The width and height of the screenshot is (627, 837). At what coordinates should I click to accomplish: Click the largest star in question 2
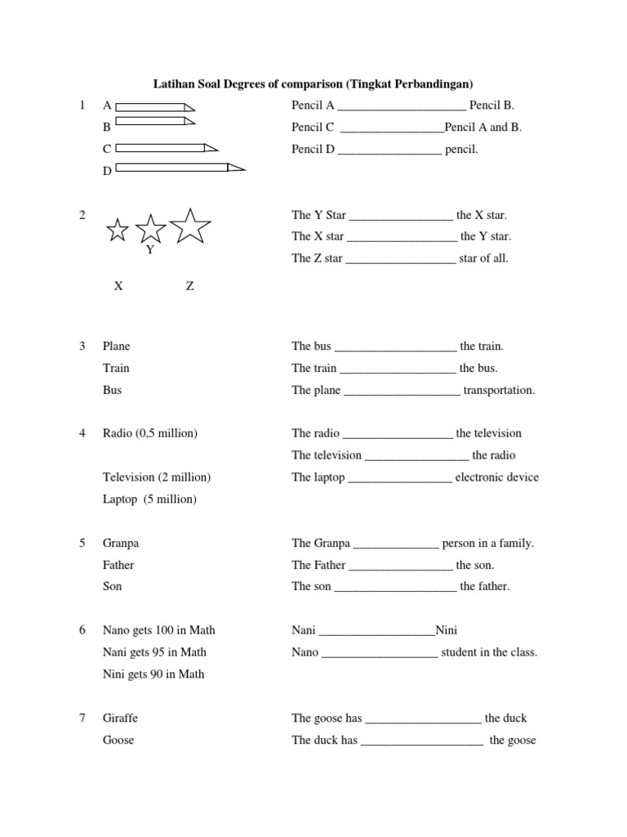pos(190,226)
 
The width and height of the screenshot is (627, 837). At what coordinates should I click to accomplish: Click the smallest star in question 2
pos(118,231)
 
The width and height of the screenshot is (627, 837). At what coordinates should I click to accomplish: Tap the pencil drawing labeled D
pos(180,168)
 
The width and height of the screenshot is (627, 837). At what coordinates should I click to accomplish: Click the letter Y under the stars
pos(150,250)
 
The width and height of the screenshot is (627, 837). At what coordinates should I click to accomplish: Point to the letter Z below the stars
pos(189,286)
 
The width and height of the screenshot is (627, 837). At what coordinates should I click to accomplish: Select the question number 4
pos(82,433)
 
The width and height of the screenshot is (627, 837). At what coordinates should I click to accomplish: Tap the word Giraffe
pos(120,718)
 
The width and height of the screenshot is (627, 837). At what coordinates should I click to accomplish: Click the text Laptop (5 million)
pos(149,499)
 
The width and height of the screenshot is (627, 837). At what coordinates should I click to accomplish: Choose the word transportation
pos(499,390)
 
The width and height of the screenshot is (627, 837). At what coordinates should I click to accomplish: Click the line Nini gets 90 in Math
pos(153,674)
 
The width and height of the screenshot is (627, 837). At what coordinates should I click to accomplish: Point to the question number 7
pos(82,718)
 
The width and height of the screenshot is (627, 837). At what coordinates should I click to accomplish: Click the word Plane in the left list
pos(116,347)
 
